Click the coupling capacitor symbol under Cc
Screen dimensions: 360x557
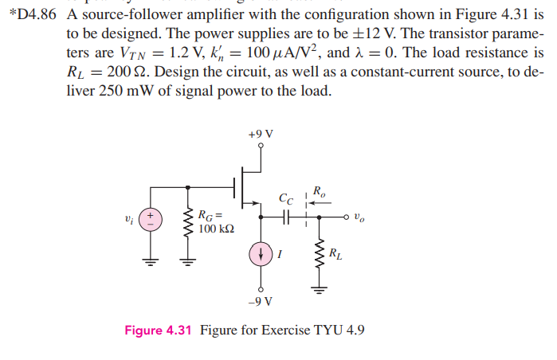point(288,216)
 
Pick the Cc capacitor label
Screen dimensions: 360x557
point(286,198)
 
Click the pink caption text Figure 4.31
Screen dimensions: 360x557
point(158,331)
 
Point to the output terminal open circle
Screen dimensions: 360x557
point(347,217)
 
